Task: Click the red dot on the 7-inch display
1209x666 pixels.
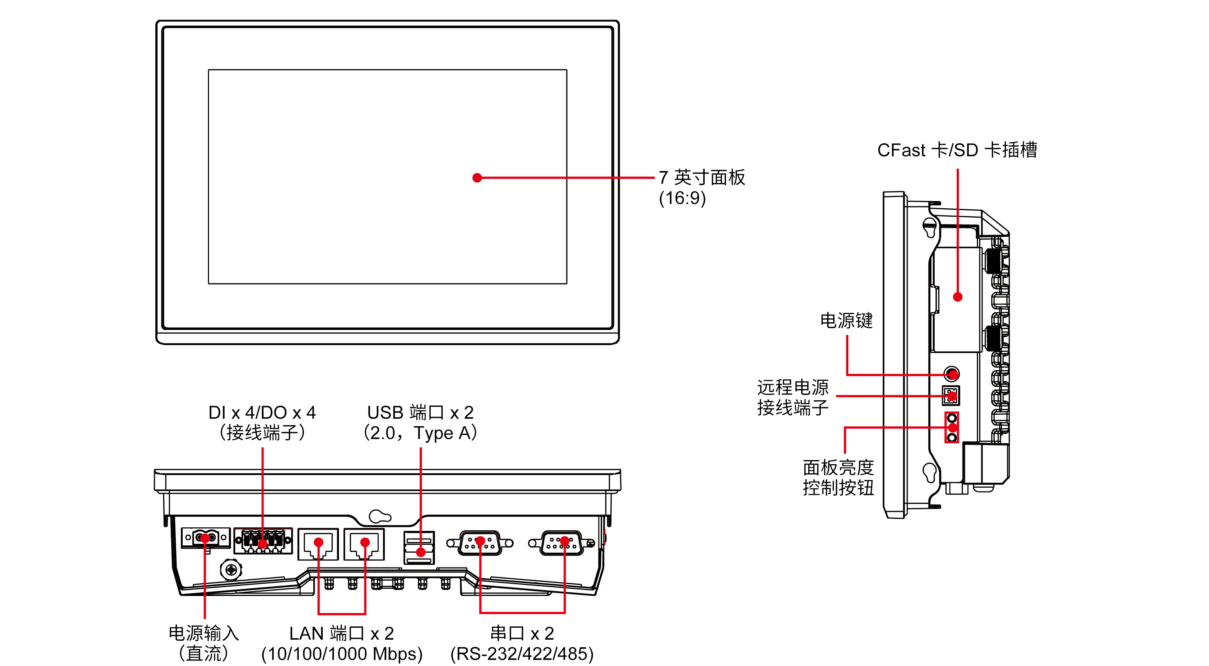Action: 477,178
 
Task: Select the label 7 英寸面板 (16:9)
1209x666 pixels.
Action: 701,188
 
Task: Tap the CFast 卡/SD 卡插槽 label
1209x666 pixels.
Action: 957,150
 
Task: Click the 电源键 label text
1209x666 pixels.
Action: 846,321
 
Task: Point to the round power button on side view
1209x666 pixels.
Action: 951,374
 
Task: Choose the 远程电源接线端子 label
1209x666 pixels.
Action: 792,397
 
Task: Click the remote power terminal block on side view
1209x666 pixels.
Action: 951,395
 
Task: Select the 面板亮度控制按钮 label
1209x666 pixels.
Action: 838,477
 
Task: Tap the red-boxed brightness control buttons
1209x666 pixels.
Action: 951,427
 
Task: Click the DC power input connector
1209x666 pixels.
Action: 205,537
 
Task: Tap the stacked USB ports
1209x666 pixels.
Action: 419,548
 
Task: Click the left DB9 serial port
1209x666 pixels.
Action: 480,543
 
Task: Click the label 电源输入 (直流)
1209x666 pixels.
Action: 204,643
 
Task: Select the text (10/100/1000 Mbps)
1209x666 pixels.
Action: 342,654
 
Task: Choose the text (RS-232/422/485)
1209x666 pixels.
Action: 522,654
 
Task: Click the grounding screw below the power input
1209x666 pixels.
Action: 231,570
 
